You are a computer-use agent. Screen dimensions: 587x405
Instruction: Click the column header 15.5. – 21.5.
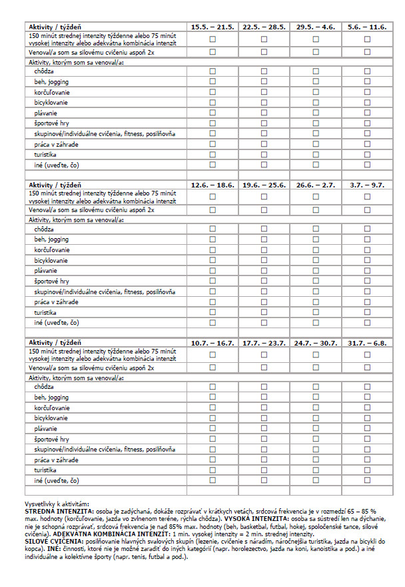(x=212, y=27)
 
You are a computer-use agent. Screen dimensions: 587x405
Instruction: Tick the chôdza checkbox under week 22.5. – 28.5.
(x=264, y=71)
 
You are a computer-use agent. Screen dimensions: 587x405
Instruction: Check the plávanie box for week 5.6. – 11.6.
(x=367, y=113)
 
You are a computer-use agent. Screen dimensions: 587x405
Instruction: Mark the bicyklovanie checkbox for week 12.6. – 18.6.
(x=212, y=260)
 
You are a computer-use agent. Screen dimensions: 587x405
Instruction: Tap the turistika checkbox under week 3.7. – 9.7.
(x=367, y=312)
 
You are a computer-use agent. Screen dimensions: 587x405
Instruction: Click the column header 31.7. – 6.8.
(x=367, y=343)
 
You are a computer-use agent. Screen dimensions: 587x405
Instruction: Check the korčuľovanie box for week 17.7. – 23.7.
(x=264, y=408)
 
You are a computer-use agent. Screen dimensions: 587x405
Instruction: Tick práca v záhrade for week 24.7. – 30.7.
(x=316, y=460)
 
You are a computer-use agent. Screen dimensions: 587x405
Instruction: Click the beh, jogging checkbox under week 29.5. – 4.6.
(x=316, y=81)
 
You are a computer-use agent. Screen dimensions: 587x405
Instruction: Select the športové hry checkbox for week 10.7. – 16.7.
(x=212, y=439)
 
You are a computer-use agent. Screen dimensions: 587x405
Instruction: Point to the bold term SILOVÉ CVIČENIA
(x=53, y=541)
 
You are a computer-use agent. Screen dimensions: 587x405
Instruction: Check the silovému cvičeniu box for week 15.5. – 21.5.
(x=212, y=51)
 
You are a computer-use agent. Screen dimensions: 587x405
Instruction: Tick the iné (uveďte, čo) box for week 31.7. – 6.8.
(x=367, y=480)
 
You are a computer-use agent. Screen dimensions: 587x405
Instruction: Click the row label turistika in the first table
(x=45, y=154)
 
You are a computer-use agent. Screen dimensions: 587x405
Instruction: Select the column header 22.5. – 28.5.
(x=264, y=27)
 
